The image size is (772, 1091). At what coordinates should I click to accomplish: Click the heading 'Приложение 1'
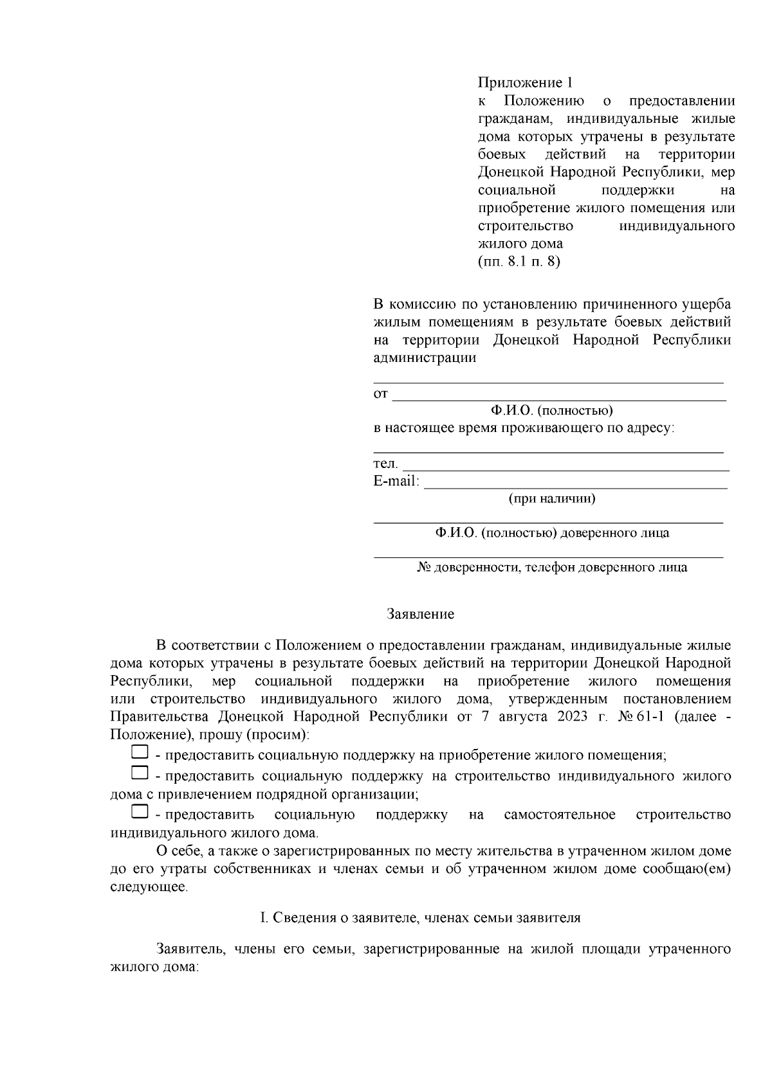[x=524, y=83]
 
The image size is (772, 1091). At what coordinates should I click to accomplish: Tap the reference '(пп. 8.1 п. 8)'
[x=519, y=262]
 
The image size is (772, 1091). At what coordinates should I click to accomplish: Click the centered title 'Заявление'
[x=420, y=614]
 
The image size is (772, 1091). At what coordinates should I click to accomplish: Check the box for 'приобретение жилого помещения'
[x=140, y=751]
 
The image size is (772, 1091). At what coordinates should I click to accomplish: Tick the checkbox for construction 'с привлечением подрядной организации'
[x=140, y=771]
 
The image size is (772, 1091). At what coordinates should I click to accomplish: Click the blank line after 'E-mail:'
[x=575, y=483]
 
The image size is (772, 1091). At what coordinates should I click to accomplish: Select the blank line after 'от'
[x=558, y=395]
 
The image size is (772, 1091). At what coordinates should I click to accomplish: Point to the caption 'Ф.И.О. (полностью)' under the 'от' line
[x=551, y=410]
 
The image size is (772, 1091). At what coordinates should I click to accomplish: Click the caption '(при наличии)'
[x=551, y=498]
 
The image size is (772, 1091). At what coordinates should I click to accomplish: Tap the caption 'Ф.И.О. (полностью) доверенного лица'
[x=551, y=533]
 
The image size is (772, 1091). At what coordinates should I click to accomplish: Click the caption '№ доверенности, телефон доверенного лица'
[x=551, y=568]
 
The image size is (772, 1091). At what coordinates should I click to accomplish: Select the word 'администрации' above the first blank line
[x=425, y=358]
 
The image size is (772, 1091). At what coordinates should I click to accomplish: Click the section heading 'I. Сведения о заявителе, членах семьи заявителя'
[x=420, y=917]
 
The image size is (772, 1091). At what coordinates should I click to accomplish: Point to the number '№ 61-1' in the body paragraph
[x=641, y=717]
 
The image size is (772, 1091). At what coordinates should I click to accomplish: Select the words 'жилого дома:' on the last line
[x=154, y=967]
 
